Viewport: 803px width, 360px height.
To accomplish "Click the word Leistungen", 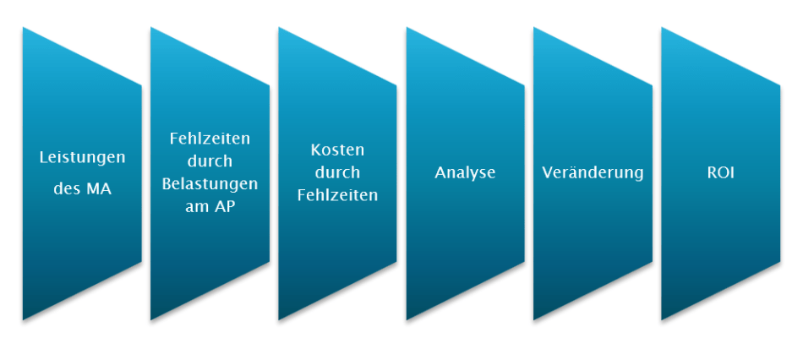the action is click(x=83, y=157).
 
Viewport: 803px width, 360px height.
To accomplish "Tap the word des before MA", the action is click(x=67, y=189).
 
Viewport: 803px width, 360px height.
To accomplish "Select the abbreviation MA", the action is click(x=97, y=189).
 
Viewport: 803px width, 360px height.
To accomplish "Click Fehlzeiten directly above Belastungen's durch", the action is click(x=210, y=139).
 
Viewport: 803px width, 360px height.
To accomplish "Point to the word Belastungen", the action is click(x=210, y=183).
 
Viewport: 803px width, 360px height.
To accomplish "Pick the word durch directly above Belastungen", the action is click(x=210, y=161).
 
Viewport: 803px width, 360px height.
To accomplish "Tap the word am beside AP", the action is click(x=197, y=206).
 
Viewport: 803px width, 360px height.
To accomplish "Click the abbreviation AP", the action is click(x=224, y=206).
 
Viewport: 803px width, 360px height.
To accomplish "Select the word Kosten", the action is click(x=337, y=150).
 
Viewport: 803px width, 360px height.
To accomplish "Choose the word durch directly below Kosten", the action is click(x=337, y=172).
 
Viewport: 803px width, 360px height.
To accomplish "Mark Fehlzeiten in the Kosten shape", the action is click(x=337, y=195).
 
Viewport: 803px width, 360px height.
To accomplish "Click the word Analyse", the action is click(x=465, y=172).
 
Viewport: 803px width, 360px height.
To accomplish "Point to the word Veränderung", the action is click(x=593, y=172).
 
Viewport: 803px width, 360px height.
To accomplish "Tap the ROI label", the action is click(x=720, y=172).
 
